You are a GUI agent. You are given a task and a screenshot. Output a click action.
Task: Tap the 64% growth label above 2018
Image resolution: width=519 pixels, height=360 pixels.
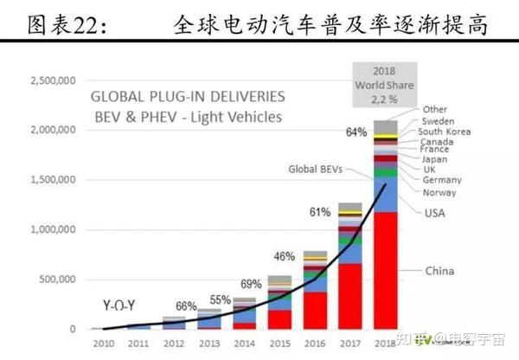point(357,132)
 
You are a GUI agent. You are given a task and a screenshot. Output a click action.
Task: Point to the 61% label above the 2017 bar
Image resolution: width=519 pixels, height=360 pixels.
point(321,212)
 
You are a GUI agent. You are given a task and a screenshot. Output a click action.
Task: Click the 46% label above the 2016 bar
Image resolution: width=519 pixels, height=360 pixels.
point(284,256)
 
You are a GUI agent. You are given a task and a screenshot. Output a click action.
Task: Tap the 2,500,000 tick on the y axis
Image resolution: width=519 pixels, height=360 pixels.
point(54,80)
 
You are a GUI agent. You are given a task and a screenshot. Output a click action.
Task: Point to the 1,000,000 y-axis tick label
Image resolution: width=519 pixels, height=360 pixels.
point(54,229)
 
